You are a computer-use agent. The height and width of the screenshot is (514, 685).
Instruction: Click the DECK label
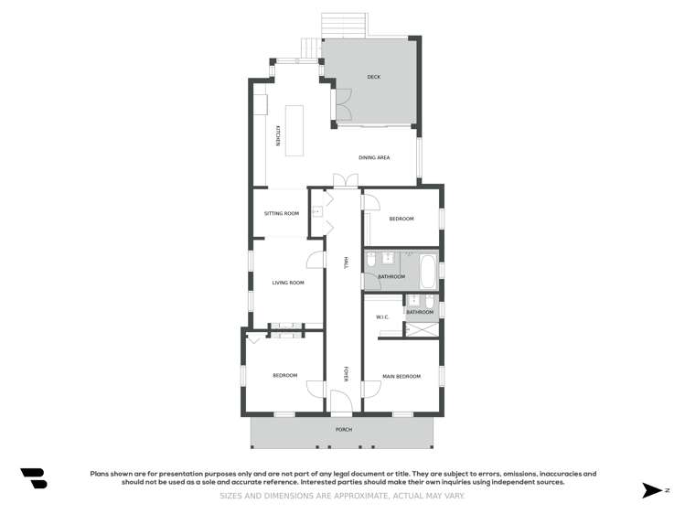coord(373,77)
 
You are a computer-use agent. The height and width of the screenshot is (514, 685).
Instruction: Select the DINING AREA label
coord(374,158)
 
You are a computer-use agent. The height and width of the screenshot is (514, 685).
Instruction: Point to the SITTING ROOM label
coord(282,213)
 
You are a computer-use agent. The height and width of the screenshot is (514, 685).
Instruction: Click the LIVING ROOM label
coord(288,283)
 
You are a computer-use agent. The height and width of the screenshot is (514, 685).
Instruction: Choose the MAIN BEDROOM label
coord(401,376)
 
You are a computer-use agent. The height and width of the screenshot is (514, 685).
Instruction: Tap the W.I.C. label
coord(383,317)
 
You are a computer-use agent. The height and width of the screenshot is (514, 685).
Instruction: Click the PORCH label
coord(344,429)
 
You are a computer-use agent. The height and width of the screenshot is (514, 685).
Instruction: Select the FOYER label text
coord(346,373)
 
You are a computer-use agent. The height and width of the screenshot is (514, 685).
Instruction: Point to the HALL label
coord(346,262)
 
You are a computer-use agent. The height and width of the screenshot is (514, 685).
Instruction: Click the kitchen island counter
coord(294,133)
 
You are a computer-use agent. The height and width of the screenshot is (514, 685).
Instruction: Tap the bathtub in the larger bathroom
coord(427,270)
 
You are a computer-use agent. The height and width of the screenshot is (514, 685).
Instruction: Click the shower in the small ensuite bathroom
coord(422,330)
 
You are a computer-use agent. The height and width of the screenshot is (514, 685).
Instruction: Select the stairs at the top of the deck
coord(343,25)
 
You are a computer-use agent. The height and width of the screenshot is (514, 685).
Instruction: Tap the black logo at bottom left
coord(34,478)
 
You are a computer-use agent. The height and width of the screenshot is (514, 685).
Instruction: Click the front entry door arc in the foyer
coord(338,400)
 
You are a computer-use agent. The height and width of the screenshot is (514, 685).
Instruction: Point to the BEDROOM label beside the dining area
coord(401,219)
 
